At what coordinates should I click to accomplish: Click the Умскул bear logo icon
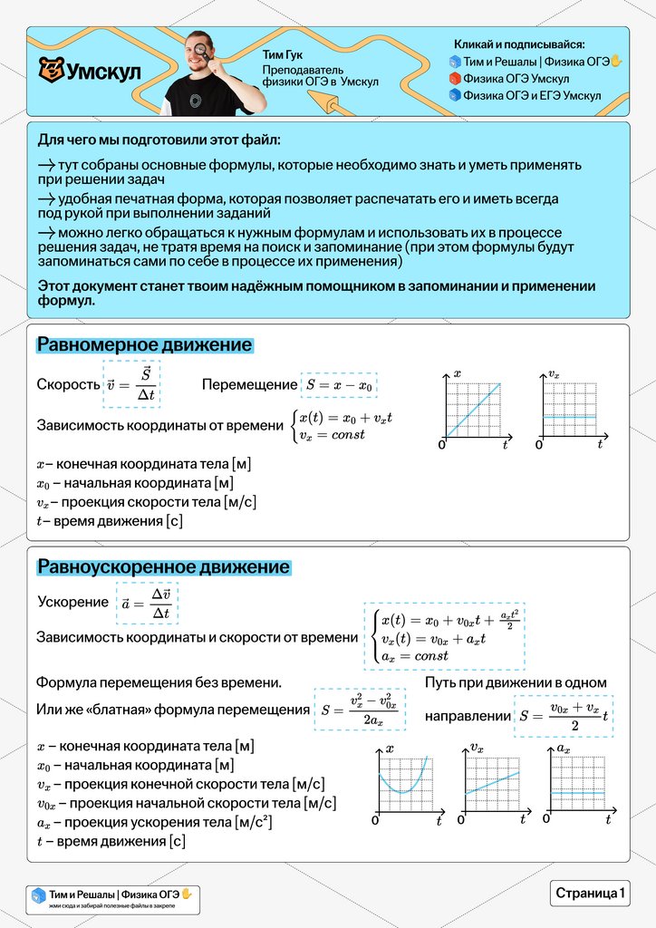click(51, 70)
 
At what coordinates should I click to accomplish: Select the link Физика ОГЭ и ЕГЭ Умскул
click(531, 94)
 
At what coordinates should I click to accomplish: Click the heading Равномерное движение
click(144, 345)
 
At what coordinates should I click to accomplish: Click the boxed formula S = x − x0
click(339, 384)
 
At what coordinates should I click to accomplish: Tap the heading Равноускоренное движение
click(163, 567)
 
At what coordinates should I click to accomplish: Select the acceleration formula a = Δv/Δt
click(147, 603)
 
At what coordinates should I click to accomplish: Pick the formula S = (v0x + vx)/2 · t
click(563, 716)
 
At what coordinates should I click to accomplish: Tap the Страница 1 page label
click(590, 893)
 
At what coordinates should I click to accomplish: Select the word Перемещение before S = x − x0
click(248, 384)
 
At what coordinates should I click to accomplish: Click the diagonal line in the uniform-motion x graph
click(472, 410)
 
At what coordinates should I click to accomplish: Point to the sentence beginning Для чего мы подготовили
click(159, 140)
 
